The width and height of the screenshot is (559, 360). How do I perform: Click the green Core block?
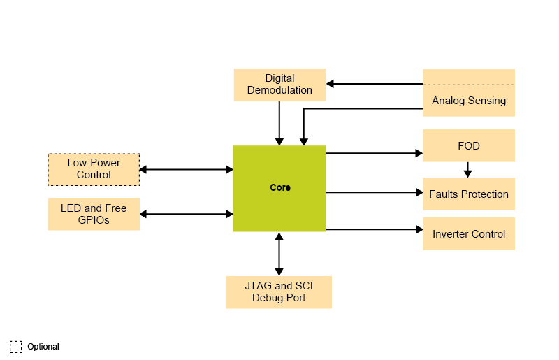(279, 188)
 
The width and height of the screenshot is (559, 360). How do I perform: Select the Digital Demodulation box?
(279, 84)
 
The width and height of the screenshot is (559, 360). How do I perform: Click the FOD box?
(469, 145)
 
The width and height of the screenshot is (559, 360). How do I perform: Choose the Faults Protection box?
(469, 194)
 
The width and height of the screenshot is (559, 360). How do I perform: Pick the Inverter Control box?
(469, 233)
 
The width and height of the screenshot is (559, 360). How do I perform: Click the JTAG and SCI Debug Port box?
(279, 292)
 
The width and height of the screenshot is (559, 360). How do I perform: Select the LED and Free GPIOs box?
(94, 214)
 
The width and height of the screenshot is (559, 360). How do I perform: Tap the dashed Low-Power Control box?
(94, 169)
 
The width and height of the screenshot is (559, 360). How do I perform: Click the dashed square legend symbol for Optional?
(16, 346)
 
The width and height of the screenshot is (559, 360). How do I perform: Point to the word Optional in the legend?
(43, 347)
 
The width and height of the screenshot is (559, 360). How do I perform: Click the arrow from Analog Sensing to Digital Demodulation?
(375, 84)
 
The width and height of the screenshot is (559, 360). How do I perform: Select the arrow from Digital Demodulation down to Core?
(279, 122)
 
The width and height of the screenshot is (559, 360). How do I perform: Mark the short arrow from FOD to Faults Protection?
(468, 169)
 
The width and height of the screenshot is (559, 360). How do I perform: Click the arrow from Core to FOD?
(374, 152)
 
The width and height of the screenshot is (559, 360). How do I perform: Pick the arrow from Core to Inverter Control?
(374, 229)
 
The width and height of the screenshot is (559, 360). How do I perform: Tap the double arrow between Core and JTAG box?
(279, 254)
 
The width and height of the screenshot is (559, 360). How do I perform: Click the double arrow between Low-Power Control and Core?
(186, 169)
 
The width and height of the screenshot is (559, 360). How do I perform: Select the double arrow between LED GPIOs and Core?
(186, 213)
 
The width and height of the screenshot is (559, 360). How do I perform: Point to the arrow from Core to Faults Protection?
(374, 192)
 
